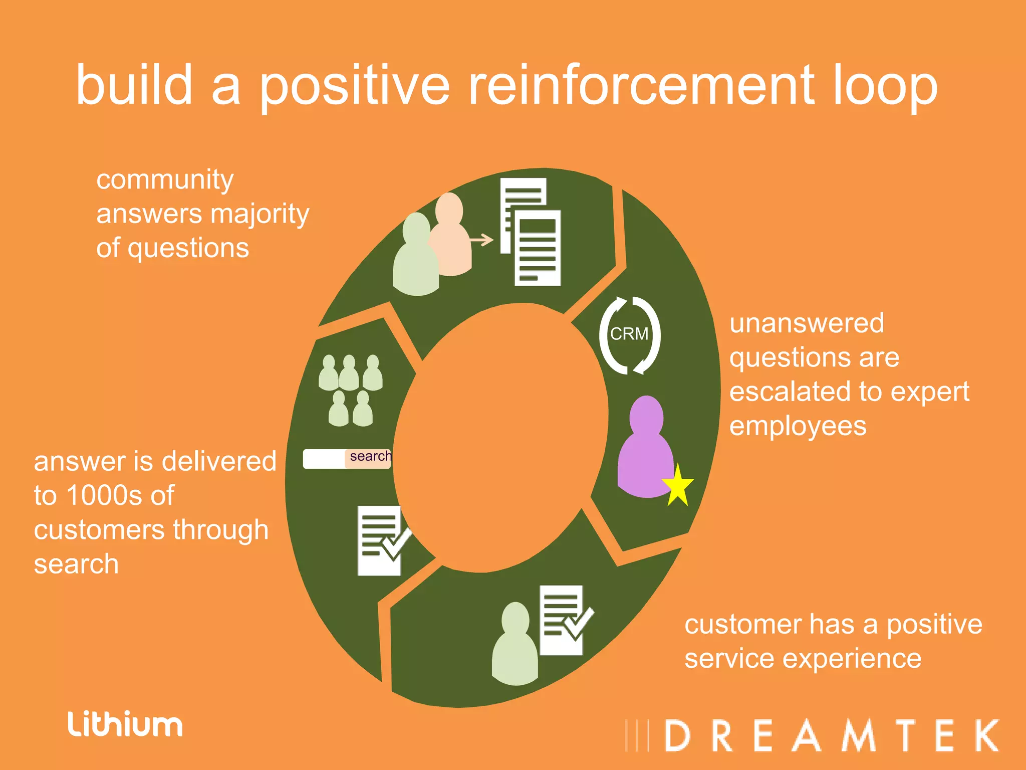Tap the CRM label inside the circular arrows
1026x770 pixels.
coord(629,334)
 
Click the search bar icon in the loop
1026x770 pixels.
coord(347,458)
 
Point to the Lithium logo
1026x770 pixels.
coord(125,724)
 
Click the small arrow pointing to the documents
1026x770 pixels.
coord(482,240)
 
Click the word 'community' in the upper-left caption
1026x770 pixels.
coord(165,180)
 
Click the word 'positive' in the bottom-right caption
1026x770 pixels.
coord(934,625)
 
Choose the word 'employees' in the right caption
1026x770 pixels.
coord(798,426)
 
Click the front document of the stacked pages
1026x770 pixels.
coord(538,248)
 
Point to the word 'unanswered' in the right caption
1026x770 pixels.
coord(807,323)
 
